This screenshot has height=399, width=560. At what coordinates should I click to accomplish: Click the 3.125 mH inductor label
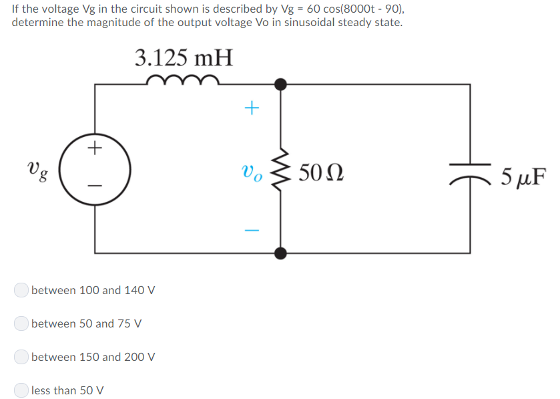[x=184, y=58]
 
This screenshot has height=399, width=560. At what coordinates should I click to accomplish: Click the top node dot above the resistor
[x=281, y=84]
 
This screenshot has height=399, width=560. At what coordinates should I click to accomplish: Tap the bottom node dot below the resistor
[x=281, y=253]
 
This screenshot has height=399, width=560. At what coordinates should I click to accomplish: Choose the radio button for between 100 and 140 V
[x=21, y=290]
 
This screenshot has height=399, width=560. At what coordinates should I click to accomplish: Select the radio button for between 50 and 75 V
[x=21, y=323]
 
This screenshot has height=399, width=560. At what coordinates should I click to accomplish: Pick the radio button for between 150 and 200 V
[x=21, y=357]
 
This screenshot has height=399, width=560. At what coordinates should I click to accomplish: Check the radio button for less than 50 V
[x=21, y=390]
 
